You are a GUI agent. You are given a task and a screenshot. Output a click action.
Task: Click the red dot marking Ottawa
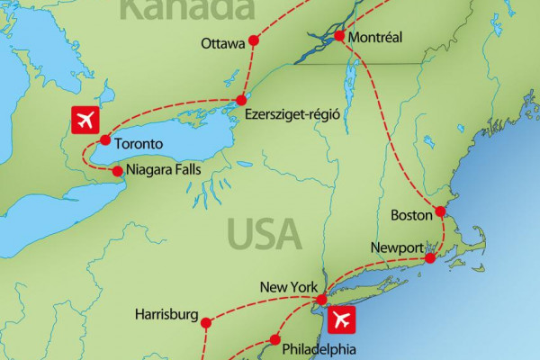pyautogui.click(x=253, y=40)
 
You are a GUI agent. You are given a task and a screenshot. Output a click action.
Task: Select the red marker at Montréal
pyautogui.click(x=339, y=37)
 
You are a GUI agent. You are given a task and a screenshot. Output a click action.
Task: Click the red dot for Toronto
pyautogui.click(x=105, y=140)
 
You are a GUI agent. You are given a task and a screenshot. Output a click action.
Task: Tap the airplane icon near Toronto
pyautogui.click(x=85, y=119)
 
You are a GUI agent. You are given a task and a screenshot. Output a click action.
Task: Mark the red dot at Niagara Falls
pyautogui.click(x=117, y=169)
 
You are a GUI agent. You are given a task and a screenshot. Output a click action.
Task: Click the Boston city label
pyautogui.click(x=412, y=216)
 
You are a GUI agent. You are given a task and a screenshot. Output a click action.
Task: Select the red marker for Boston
pyautogui.click(x=440, y=212)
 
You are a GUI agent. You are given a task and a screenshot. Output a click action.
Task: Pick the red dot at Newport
pyautogui.click(x=430, y=258)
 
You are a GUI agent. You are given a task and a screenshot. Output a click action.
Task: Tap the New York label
pyautogui.click(x=287, y=288)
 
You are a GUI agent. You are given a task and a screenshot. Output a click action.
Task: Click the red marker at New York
pyautogui.click(x=321, y=298)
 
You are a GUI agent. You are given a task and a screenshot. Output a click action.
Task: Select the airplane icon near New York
pyautogui.click(x=343, y=319)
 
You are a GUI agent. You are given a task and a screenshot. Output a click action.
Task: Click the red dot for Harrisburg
pyautogui.click(x=206, y=322)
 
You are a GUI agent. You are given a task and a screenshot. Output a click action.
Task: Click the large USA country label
pyautogui.click(x=264, y=233)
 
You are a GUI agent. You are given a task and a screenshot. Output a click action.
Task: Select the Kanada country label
pyautogui.click(x=185, y=9)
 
